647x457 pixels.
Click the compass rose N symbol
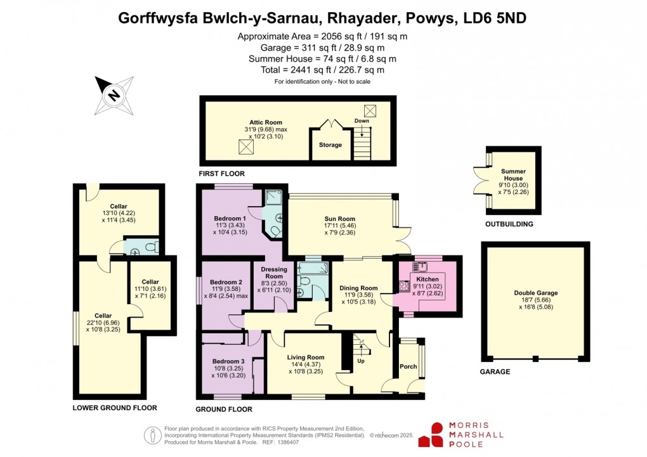[x=114, y=95]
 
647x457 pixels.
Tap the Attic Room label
[x=265, y=122]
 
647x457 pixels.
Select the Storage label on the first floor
[x=330, y=145]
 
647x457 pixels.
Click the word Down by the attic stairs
[x=362, y=121]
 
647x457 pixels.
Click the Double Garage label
[x=536, y=293]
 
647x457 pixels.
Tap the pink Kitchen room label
[x=427, y=280]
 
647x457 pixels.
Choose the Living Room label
[x=306, y=357]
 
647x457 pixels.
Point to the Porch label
[x=408, y=367]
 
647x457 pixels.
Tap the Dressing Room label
[x=273, y=272]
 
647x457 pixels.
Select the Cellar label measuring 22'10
[x=103, y=316]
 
